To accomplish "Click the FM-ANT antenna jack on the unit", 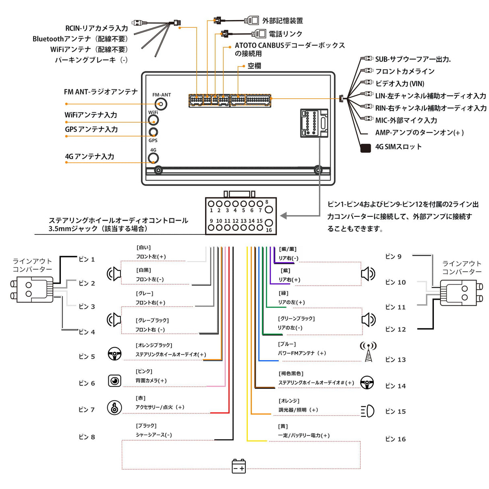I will (x=162, y=104).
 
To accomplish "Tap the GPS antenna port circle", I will (x=153, y=132).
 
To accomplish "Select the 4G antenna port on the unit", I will (x=153, y=158).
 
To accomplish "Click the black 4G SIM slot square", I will (x=365, y=148).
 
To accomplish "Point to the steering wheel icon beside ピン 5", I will (x=115, y=354).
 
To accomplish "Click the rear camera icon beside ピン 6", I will (x=115, y=381).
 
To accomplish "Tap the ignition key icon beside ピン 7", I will (x=114, y=407).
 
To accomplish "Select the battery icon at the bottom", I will (x=239, y=466).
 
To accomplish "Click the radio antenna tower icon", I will (x=368, y=351).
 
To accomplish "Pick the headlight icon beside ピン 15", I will (x=367, y=411).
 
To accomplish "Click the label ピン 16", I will (x=395, y=439).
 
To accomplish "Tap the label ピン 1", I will (x=87, y=259).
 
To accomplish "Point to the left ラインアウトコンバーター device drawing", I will (x=32, y=289).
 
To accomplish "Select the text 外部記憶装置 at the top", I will (x=282, y=21).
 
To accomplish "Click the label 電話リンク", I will (x=285, y=34).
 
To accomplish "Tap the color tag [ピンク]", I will (x=144, y=371).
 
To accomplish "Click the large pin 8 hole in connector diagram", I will (x=269, y=209).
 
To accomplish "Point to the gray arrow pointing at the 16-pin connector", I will (x=284, y=216).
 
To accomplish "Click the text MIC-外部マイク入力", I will (x=406, y=120).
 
